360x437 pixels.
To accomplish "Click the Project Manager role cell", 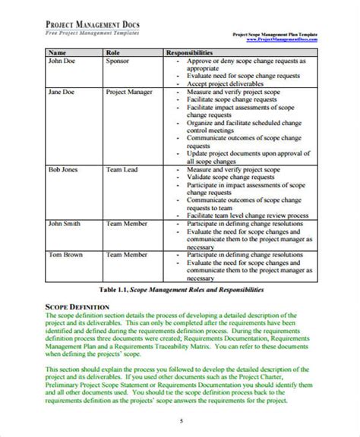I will (x=131, y=93).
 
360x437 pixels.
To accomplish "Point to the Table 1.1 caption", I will (x=179, y=291).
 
